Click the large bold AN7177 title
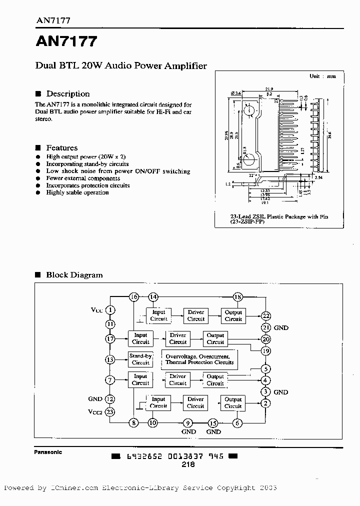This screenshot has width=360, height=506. [x=66, y=42]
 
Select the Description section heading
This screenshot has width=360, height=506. [x=68, y=94]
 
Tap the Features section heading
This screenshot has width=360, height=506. [x=62, y=148]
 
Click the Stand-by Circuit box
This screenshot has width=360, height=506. [x=140, y=359]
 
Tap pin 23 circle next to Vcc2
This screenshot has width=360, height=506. [x=110, y=412]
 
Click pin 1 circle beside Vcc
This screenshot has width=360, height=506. [x=110, y=310]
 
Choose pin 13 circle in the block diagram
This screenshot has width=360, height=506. [x=110, y=359]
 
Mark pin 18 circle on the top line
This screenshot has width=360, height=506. [x=237, y=297]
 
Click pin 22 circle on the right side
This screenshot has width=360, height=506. [x=265, y=316]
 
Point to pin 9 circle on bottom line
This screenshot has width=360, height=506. [x=188, y=423]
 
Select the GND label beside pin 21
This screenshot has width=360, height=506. [x=281, y=328]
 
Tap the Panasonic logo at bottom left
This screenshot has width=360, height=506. [x=48, y=452]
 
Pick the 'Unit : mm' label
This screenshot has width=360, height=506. [x=322, y=76]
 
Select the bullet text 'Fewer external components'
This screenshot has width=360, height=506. [x=77, y=178]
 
